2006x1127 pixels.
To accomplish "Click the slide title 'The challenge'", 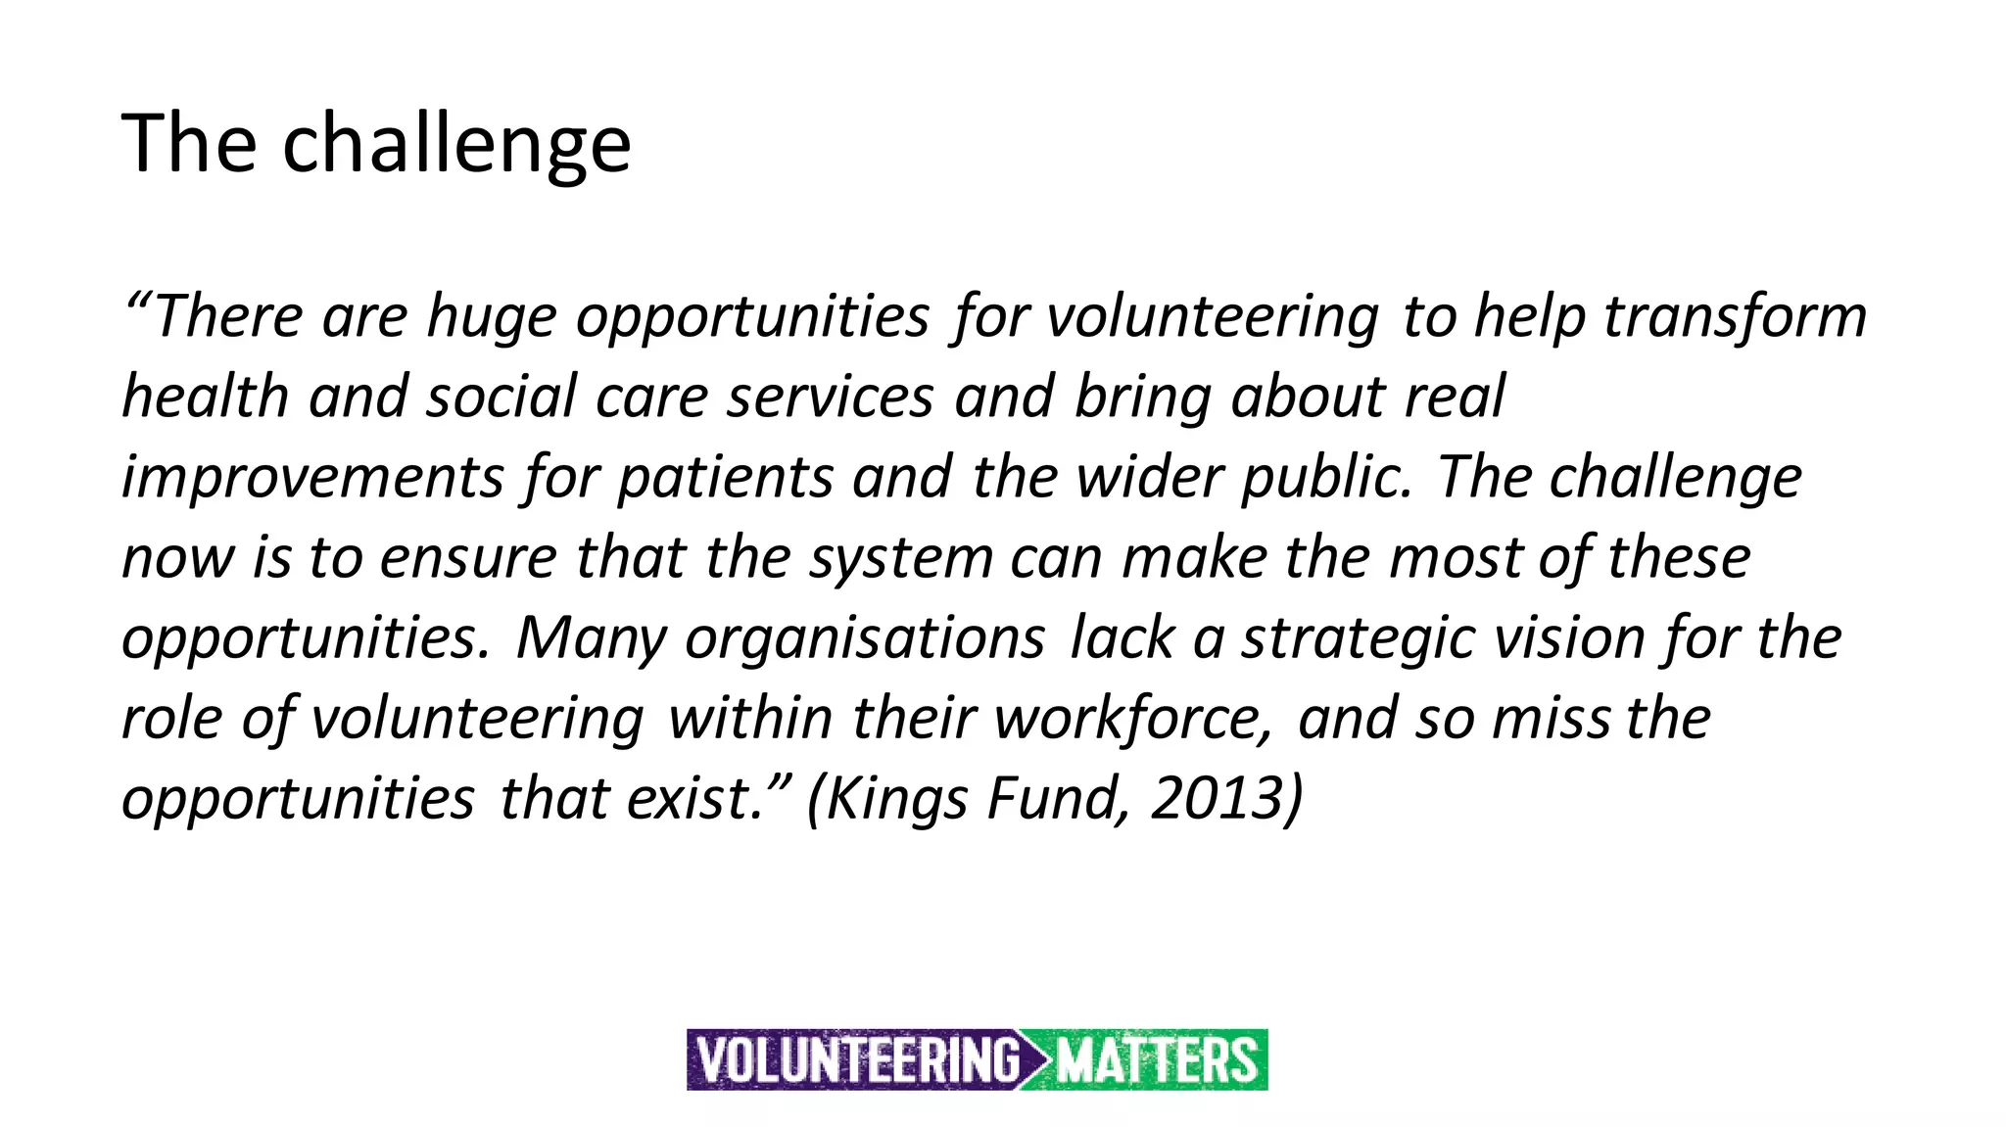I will click(x=376, y=144).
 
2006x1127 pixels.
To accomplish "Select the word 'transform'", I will click(x=1735, y=317).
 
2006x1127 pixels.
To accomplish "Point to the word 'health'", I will click(x=205, y=398).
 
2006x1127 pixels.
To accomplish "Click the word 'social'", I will click(x=501, y=398).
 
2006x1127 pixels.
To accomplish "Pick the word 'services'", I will click(x=831, y=398).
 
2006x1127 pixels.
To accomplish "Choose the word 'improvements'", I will click(x=312, y=478).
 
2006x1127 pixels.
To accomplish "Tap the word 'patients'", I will click(x=725, y=478).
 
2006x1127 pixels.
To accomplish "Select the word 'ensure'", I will click(x=468, y=558).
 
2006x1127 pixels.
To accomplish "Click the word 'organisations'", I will click(x=865, y=638).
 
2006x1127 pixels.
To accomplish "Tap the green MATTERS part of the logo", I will click(x=1156, y=1060).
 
